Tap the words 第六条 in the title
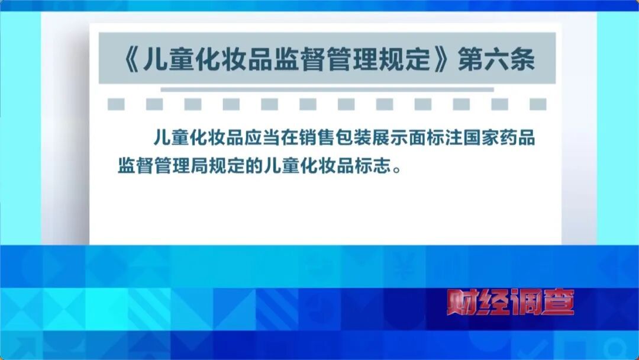point(496,60)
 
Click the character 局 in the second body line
point(224,165)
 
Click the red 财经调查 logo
point(509,303)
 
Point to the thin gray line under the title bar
point(327,89)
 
